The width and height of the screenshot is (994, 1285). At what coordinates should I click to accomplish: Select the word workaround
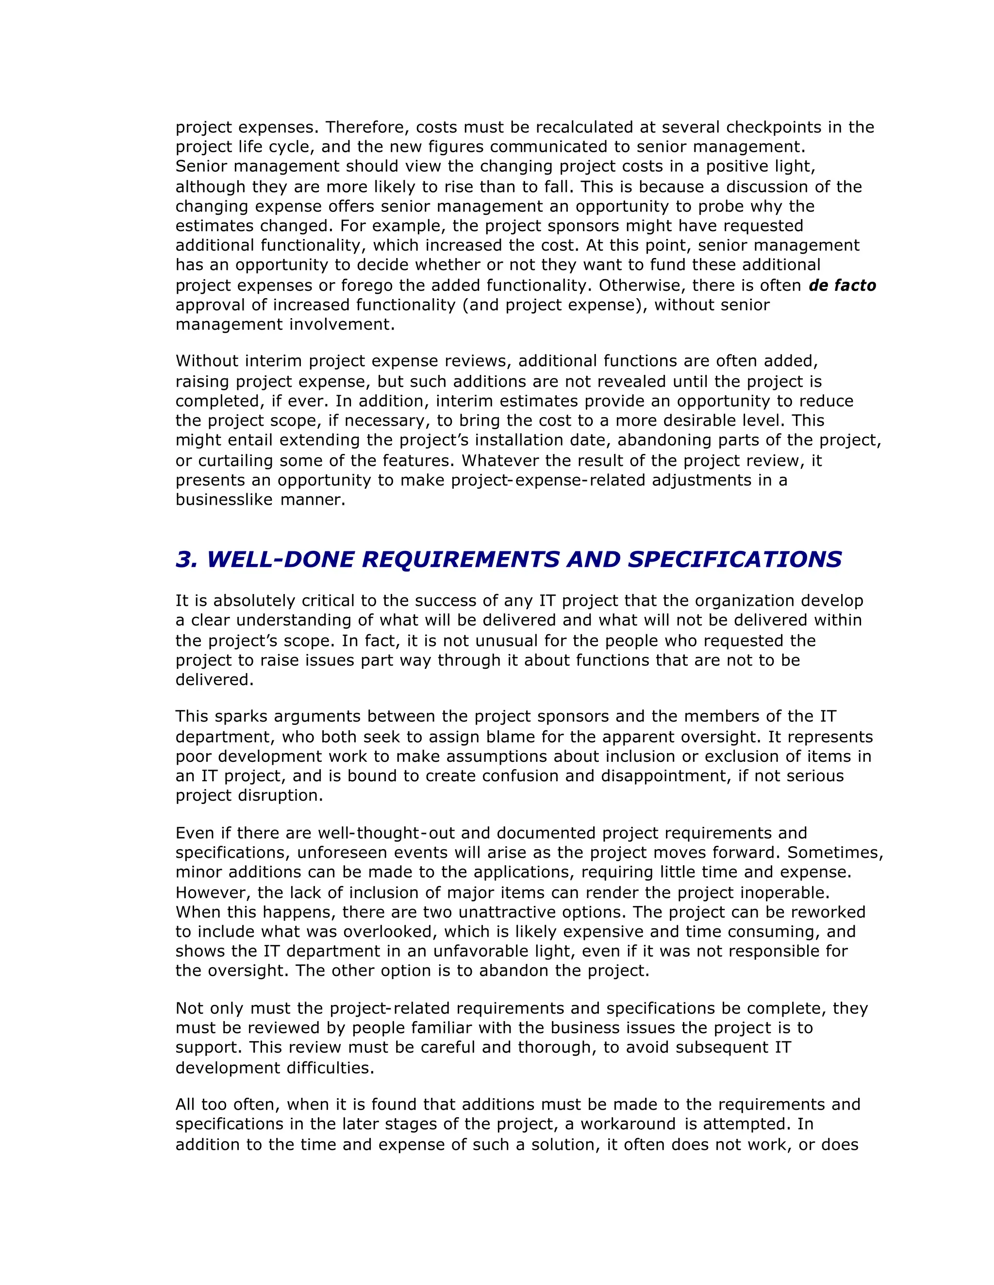(x=628, y=1124)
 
